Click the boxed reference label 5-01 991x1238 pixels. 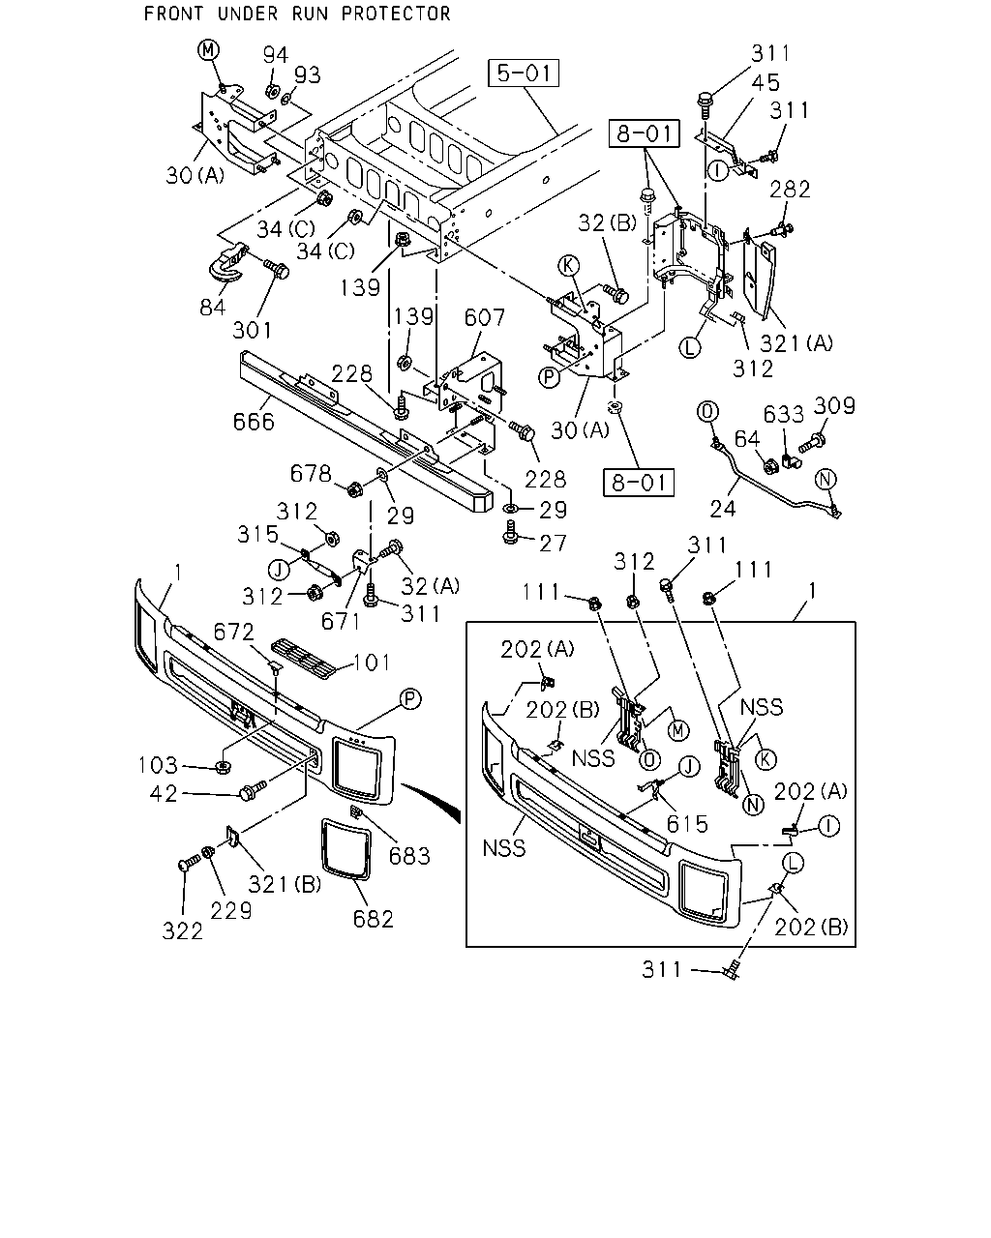524,74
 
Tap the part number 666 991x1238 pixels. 254,423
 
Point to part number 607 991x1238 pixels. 484,317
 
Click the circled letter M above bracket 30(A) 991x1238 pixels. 208,50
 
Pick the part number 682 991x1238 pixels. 374,919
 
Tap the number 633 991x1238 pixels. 783,414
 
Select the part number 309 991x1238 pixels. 834,406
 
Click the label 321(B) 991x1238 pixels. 285,884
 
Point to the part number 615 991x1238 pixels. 687,824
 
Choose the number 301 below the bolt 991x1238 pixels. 253,330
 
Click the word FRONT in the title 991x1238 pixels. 173,14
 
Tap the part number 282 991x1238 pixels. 790,190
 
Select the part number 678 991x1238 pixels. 311,474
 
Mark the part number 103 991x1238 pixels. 158,766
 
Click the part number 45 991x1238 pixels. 766,83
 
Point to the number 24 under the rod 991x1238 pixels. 723,509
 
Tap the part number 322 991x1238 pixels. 183,931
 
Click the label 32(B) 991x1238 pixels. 607,222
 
